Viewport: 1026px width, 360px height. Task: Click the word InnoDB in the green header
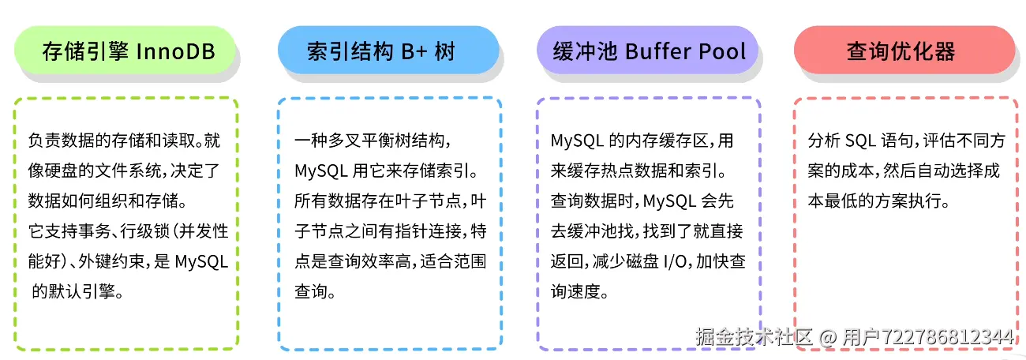[x=177, y=52]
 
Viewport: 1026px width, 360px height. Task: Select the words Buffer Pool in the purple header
[x=685, y=52]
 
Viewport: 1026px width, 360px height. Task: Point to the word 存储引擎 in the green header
[x=85, y=52]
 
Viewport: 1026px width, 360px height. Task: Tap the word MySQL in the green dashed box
[x=201, y=261]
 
